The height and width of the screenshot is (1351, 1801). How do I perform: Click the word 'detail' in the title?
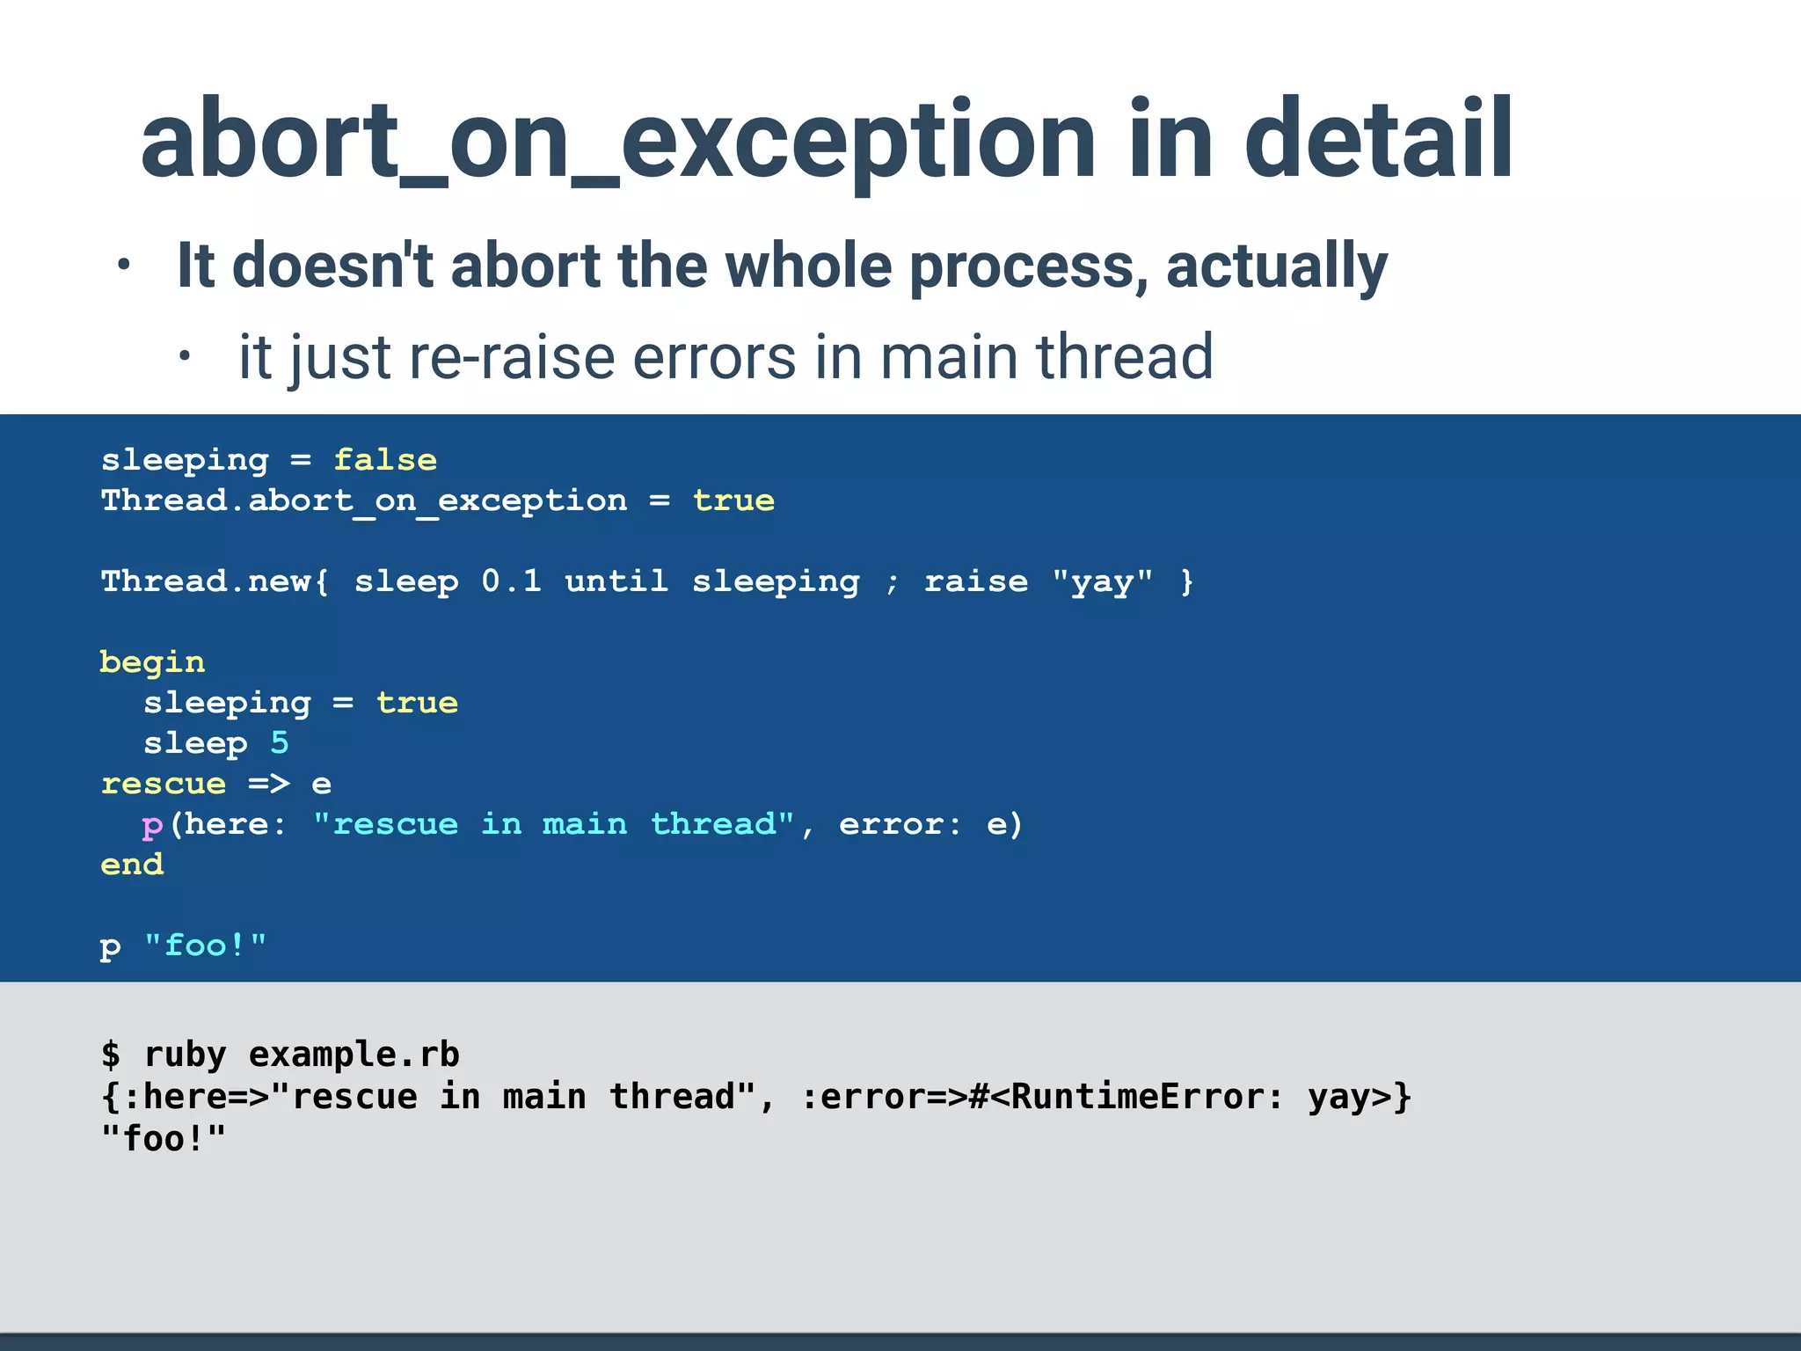coord(1378,141)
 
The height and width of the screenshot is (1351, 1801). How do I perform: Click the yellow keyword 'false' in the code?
coord(385,460)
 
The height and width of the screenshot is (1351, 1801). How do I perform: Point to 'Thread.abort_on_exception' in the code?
coord(364,500)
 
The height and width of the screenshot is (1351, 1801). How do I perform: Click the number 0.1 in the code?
coord(511,581)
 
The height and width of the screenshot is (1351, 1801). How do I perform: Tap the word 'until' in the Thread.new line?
coord(616,581)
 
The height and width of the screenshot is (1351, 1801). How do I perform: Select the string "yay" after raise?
coord(1102,581)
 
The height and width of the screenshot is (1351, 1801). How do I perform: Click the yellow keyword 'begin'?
coord(152,662)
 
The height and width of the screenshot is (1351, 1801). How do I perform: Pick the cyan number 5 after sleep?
coord(280,743)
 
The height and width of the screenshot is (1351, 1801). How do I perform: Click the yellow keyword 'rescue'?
coord(164,784)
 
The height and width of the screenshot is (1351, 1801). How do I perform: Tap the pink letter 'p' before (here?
coord(152,825)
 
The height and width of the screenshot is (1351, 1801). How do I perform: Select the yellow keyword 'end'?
coord(132,865)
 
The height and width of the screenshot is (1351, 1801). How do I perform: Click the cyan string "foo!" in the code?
coord(205,946)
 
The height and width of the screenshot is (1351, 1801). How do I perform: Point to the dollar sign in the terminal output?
coord(111,1054)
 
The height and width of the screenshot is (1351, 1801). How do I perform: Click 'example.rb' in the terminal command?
coord(354,1054)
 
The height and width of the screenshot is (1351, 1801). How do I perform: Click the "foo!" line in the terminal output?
coord(164,1139)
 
